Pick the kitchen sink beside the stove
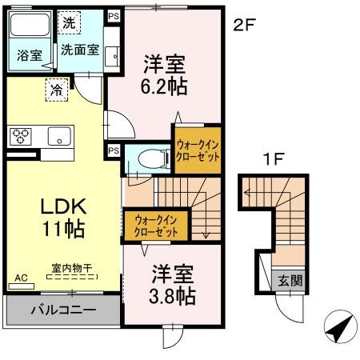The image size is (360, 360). (x=58, y=136)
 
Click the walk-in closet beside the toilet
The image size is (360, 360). (x=198, y=150)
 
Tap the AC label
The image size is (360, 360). (x=20, y=277)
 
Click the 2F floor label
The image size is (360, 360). (x=243, y=25)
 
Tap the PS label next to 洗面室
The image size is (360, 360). (x=113, y=15)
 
